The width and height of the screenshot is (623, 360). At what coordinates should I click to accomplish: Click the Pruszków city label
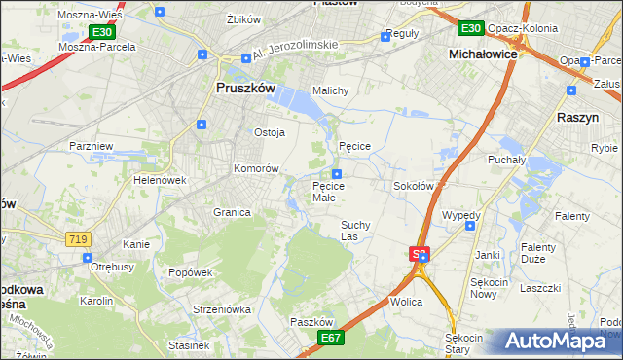240,88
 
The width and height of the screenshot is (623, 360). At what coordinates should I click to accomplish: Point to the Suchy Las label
355,230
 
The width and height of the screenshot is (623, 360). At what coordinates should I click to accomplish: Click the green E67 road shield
331,337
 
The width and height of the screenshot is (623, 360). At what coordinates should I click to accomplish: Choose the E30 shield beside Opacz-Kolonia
471,29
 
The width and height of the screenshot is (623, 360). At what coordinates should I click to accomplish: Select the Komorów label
256,168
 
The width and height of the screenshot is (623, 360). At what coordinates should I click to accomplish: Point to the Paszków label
311,322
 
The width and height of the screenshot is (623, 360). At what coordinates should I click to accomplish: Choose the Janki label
487,255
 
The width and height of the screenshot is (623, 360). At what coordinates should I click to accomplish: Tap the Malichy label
330,91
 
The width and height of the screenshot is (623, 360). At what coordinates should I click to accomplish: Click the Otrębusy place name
111,266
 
